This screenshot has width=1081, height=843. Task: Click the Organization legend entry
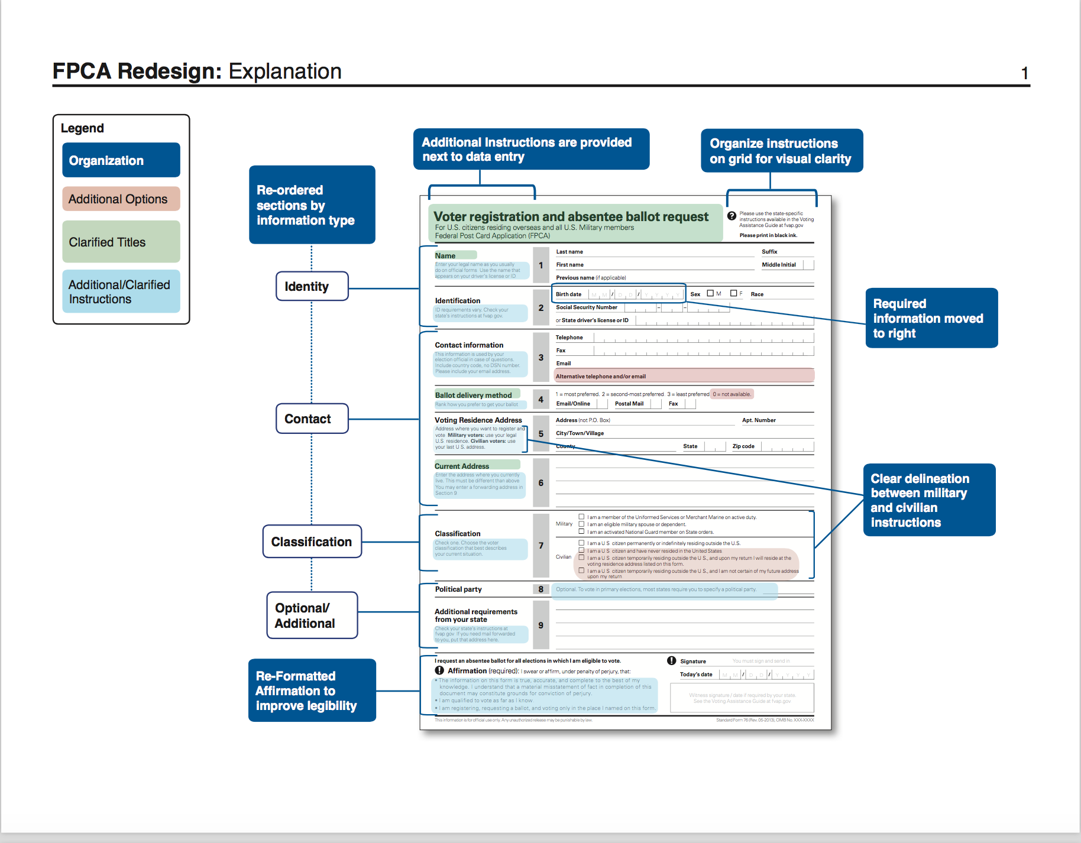point(121,160)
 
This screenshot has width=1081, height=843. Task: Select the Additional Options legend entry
point(121,199)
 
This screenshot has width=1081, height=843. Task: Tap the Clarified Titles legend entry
point(121,242)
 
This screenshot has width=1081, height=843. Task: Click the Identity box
point(312,287)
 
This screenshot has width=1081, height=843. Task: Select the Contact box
point(312,419)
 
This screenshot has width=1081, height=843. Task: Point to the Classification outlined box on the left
point(312,542)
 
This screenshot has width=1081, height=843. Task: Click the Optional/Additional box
point(312,615)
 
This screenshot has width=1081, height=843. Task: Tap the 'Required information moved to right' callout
point(931,318)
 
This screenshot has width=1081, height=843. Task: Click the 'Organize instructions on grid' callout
point(781,151)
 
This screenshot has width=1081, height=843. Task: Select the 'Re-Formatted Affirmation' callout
point(312,690)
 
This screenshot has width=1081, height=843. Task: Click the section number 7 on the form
point(540,546)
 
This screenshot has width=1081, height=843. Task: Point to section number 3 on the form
point(540,358)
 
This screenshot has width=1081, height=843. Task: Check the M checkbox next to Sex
point(710,293)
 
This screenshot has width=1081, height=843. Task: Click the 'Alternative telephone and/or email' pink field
point(684,376)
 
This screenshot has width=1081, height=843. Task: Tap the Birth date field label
point(568,294)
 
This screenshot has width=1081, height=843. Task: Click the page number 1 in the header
point(1024,73)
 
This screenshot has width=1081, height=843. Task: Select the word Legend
point(82,128)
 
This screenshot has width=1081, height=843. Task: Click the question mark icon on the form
point(732,216)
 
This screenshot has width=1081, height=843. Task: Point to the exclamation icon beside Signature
point(672,661)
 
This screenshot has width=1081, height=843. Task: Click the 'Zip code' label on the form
point(743,446)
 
